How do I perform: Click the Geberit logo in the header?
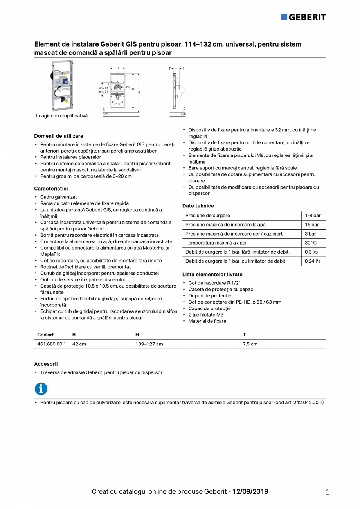pos(303,17)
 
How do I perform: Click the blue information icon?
pos(41,389)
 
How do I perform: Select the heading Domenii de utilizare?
pos(58,136)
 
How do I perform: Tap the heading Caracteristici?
pos(51,189)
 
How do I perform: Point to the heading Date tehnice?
pos(198,206)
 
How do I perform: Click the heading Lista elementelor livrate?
pos(212,275)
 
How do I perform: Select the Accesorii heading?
pos(46,364)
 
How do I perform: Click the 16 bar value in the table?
pos(312,225)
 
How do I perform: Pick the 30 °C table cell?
pos(311,243)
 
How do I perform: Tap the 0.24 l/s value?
pos(313,261)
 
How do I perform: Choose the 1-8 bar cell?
pos(313,216)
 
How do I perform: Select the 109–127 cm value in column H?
pos(149,344)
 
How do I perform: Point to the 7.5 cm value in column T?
pos(250,344)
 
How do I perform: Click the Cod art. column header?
pos(46,335)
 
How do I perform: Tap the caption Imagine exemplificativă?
pos(62,116)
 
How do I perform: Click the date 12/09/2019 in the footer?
pos(250,491)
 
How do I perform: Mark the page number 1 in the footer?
pos(328,492)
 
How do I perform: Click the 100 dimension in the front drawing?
pos(133,89)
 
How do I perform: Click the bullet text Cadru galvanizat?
pos(58,197)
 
